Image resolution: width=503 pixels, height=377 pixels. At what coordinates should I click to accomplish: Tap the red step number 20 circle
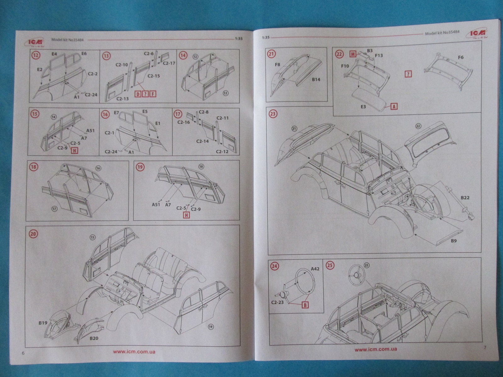pos(33,233)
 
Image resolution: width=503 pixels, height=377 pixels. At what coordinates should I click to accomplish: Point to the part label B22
pos(465,198)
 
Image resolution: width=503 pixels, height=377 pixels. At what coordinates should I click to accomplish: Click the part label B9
pos(454,241)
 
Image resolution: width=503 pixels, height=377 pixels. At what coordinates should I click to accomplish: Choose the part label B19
pos(43,322)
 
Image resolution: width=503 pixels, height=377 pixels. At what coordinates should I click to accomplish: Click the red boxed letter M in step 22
pos(353,54)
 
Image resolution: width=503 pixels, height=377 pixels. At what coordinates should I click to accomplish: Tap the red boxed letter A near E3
pos(394,106)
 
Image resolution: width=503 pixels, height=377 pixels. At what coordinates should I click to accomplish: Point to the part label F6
pos(461,57)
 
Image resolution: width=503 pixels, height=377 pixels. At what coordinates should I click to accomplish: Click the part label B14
pos(316,79)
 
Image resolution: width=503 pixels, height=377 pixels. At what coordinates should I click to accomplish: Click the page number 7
pos(485,347)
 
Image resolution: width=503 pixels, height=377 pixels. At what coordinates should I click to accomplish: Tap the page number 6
pos(23,353)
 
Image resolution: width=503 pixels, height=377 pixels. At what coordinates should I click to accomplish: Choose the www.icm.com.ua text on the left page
pos(134,352)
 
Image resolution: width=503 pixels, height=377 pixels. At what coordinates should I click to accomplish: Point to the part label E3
pos(363,107)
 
